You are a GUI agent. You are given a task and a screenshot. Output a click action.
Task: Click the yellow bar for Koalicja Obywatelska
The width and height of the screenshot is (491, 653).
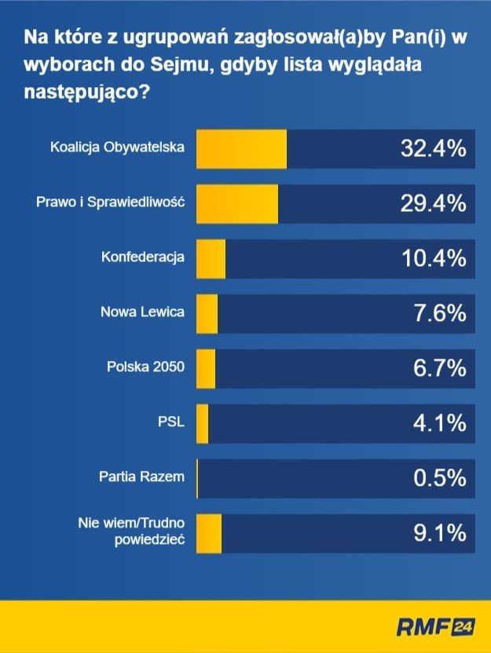coord(240,148)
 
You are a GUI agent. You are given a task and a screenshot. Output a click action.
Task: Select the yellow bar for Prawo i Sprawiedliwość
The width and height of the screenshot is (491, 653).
coord(236,203)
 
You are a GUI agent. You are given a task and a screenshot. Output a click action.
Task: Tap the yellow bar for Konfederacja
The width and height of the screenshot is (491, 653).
coord(210,258)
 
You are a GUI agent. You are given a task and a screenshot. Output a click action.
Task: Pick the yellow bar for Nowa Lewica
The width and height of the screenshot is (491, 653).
coord(206,313)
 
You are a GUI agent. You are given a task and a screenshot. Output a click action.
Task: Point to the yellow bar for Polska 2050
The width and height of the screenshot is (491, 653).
coord(205,368)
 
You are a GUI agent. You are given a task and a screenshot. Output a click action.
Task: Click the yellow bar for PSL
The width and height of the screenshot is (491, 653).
coord(202,423)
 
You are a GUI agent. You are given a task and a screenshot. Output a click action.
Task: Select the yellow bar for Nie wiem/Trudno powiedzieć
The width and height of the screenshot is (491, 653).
coord(208,534)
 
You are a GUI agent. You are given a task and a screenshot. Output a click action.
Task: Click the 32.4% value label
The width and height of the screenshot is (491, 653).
coord(429,148)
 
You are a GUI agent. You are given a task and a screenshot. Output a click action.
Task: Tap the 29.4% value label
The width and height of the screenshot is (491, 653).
coord(429,203)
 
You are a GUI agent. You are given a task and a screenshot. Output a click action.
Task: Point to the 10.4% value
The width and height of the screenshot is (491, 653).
coord(429,258)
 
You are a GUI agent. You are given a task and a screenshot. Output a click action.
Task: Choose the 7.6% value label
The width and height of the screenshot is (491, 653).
coord(439,313)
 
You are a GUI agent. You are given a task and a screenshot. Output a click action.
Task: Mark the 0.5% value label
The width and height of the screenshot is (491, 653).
coord(439,478)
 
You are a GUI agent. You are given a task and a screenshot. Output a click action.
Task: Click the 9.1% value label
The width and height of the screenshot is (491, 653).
coord(439,534)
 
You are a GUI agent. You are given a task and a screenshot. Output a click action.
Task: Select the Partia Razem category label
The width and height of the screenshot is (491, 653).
coord(141,476)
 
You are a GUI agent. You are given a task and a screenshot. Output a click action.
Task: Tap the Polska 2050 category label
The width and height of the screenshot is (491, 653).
coord(145,367)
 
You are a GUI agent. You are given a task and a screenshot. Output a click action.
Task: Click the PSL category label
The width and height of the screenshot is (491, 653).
coord(170,421)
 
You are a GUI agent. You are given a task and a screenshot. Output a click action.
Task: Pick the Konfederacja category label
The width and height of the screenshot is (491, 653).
coord(142,257)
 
